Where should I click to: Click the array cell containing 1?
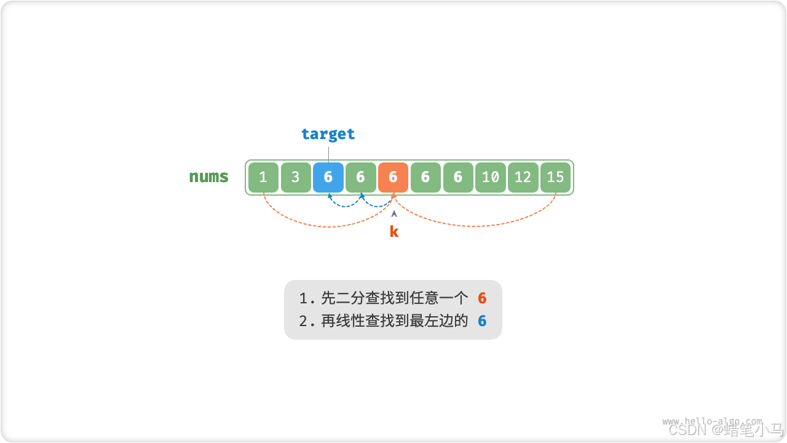[263, 178]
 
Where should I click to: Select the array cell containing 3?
[296, 178]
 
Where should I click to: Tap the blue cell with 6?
[328, 178]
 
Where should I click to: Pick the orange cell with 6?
[393, 178]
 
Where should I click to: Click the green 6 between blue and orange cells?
[361, 178]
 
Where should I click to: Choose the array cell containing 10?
[490, 178]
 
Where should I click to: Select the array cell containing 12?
[523, 178]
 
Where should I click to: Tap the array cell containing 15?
[555, 178]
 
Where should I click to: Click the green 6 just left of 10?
[458, 178]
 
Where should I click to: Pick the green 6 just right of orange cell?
[425, 178]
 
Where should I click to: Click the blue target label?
[328, 134]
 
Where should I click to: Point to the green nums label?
[208, 177]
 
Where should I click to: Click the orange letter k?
[394, 232]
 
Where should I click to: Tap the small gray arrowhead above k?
[394, 214]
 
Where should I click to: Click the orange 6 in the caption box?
[482, 299]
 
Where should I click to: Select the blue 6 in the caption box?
[482, 321]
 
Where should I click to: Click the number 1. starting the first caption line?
[306, 299]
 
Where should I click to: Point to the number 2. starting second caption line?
[306, 321]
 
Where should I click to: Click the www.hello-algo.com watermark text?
[711, 421]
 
